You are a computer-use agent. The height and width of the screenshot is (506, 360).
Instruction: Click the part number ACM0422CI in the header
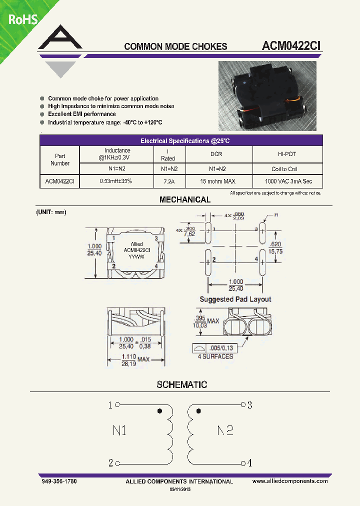tap(291, 45)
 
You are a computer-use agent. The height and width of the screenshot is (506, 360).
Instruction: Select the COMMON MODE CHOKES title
tap(175, 46)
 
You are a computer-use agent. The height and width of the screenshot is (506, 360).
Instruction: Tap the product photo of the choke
tap(267, 96)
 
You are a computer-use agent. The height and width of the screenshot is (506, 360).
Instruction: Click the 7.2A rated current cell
tap(168, 181)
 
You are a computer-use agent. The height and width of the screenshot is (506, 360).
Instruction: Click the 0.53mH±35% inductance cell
tap(116, 181)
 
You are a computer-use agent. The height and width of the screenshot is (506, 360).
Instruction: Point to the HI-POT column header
tap(287, 154)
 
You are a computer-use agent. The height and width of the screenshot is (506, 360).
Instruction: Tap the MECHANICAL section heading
tap(185, 199)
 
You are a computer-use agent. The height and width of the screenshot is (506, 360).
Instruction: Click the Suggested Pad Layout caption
tap(235, 299)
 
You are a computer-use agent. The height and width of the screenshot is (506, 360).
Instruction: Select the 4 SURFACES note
tap(215, 356)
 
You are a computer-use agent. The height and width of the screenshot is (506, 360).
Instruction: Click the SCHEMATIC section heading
tap(182, 384)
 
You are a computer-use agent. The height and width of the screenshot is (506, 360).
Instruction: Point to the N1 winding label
tap(119, 430)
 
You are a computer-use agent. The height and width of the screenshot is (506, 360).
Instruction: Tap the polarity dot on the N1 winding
tap(159, 411)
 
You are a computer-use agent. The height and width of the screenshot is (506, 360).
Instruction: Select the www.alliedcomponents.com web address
tap(290, 481)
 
